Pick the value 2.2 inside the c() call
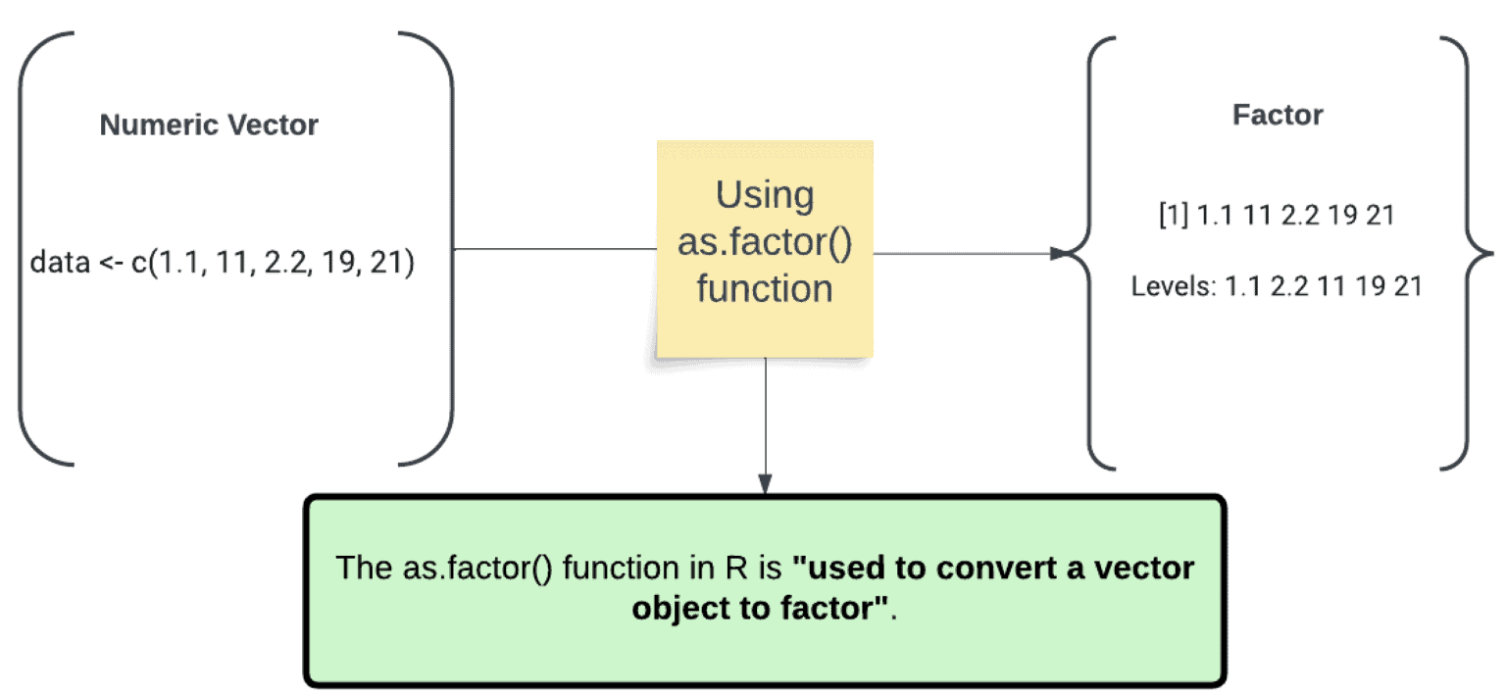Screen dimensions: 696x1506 (x=277, y=264)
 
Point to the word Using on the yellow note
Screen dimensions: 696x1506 (x=765, y=195)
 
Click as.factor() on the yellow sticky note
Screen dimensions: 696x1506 (x=765, y=242)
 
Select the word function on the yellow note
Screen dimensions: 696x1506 (x=765, y=288)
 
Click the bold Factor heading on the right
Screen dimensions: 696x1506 (x=1277, y=115)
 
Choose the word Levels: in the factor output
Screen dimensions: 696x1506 (x=1173, y=287)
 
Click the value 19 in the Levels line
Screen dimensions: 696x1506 (x=1357, y=287)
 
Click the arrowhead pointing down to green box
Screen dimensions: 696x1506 (x=765, y=485)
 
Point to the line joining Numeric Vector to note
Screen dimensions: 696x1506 (x=554, y=249)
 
